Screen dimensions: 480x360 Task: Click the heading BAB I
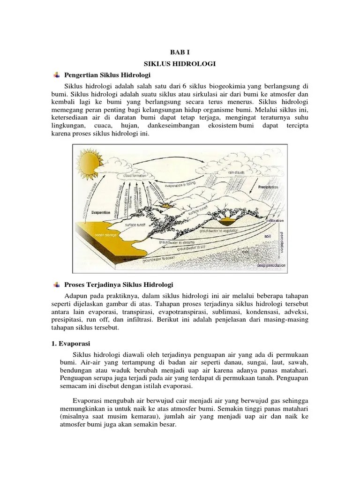click(x=180, y=53)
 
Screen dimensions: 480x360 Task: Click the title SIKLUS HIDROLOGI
click(x=180, y=64)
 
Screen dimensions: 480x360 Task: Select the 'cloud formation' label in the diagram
click(x=135, y=176)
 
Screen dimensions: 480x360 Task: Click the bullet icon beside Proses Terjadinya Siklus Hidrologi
click(x=56, y=285)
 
